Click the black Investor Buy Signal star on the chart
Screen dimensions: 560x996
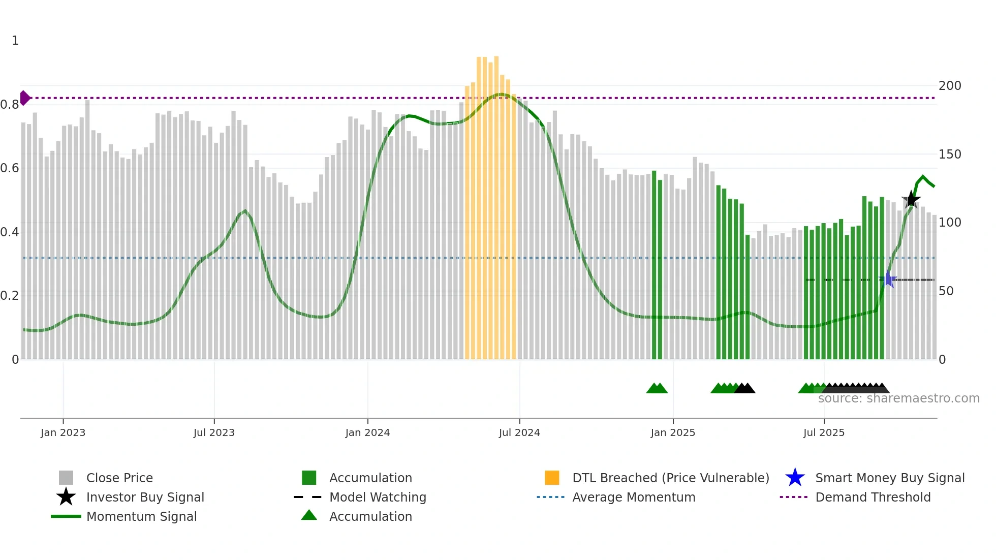[911, 200]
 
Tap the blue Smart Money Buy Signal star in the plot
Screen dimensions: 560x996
[888, 279]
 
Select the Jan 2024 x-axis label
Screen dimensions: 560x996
[367, 432]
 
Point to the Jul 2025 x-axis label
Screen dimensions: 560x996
[824, 432]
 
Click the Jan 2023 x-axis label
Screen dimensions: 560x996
[63, 432]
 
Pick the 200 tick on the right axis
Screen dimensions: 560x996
[950, 85]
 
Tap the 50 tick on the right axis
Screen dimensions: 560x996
[946, 291]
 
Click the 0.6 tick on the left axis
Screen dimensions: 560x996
[10, 168]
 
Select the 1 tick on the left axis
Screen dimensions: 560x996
[15, 41]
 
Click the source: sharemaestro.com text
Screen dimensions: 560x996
[898, 398]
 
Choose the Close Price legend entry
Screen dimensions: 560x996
[119, 478]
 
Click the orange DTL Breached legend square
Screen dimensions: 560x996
[552, 478]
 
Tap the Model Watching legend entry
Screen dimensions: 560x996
[378, 497]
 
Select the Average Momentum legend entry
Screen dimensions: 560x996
[634, 497]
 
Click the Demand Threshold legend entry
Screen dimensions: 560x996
[873, 497]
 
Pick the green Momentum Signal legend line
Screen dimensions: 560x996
[66, 516]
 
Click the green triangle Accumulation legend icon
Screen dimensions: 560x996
[309, 515]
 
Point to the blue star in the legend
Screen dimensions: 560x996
[795, 478]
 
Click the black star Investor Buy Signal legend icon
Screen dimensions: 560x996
[66, 497]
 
